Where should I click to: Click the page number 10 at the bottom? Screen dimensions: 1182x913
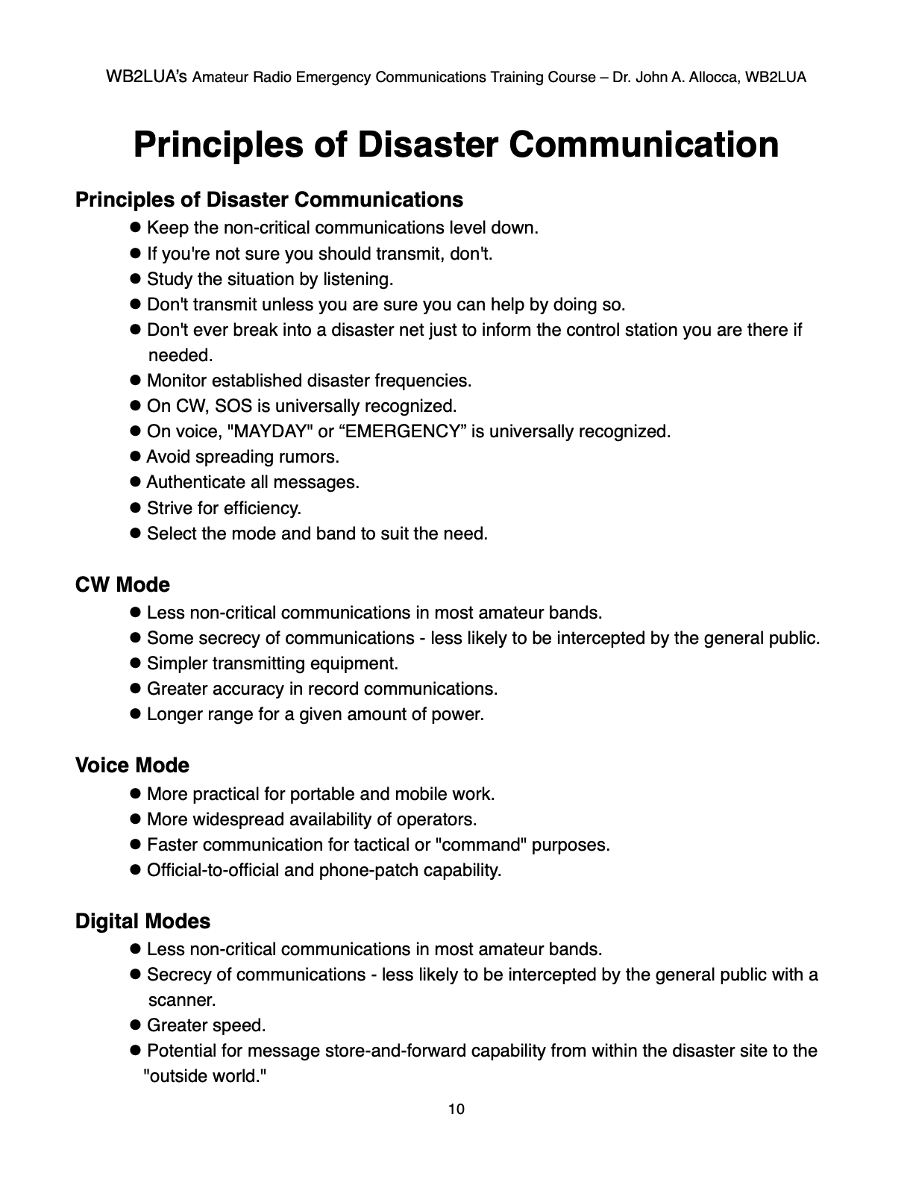[x=456, y=1109]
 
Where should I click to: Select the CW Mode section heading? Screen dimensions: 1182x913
[x=122, y=584]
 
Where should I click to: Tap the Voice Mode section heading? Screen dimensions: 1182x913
[x=132, y=765]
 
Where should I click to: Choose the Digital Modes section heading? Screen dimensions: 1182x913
[x=142, y=921]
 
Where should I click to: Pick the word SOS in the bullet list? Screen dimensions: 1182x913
[x=233, y=406]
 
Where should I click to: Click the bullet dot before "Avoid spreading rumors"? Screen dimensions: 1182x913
[x=136, y=457]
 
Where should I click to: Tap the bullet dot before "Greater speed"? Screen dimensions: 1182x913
[x=136, y=1025]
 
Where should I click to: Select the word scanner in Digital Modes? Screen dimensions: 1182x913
[x=182, y=1000]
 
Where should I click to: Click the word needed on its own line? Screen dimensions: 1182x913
[x=181, y=355]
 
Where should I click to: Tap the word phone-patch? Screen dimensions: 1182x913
[x=367, y=870]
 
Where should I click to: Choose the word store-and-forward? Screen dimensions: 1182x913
[x=403, y=1051]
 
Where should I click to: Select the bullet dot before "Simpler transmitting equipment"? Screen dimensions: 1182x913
[x=136, y=663]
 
